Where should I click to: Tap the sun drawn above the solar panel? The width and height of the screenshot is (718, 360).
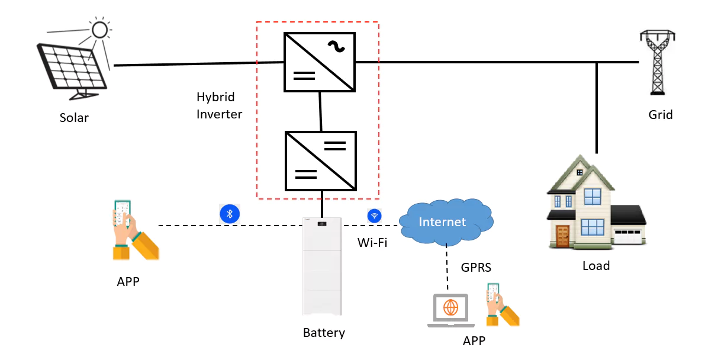pos(99,30)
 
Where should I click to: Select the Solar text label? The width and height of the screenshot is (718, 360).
pos(74,118)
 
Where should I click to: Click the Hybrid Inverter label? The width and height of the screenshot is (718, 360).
pos(219,105)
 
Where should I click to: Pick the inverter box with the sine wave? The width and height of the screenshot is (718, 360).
pos(320,62)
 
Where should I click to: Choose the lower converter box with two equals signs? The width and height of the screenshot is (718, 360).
pos(321,160)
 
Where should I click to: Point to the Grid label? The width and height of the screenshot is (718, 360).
pos(661,115)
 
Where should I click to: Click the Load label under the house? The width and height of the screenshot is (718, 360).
pos(596,266)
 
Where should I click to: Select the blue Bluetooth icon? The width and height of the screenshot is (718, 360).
pos(230,214)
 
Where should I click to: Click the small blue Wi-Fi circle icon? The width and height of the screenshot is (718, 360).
pos(374,216)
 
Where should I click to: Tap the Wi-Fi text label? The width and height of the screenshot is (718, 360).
pos(372,242)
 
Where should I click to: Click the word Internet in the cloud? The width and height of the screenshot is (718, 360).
pos(442,222)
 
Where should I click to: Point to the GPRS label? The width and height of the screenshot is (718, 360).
pos(476,268)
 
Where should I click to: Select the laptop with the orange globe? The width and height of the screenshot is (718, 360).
pos(450,310)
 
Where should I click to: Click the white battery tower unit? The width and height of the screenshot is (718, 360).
pos(322,266)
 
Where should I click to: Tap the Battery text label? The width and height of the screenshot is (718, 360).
pos(324,333)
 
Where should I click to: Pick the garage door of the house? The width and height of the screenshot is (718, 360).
pos(628,236)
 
